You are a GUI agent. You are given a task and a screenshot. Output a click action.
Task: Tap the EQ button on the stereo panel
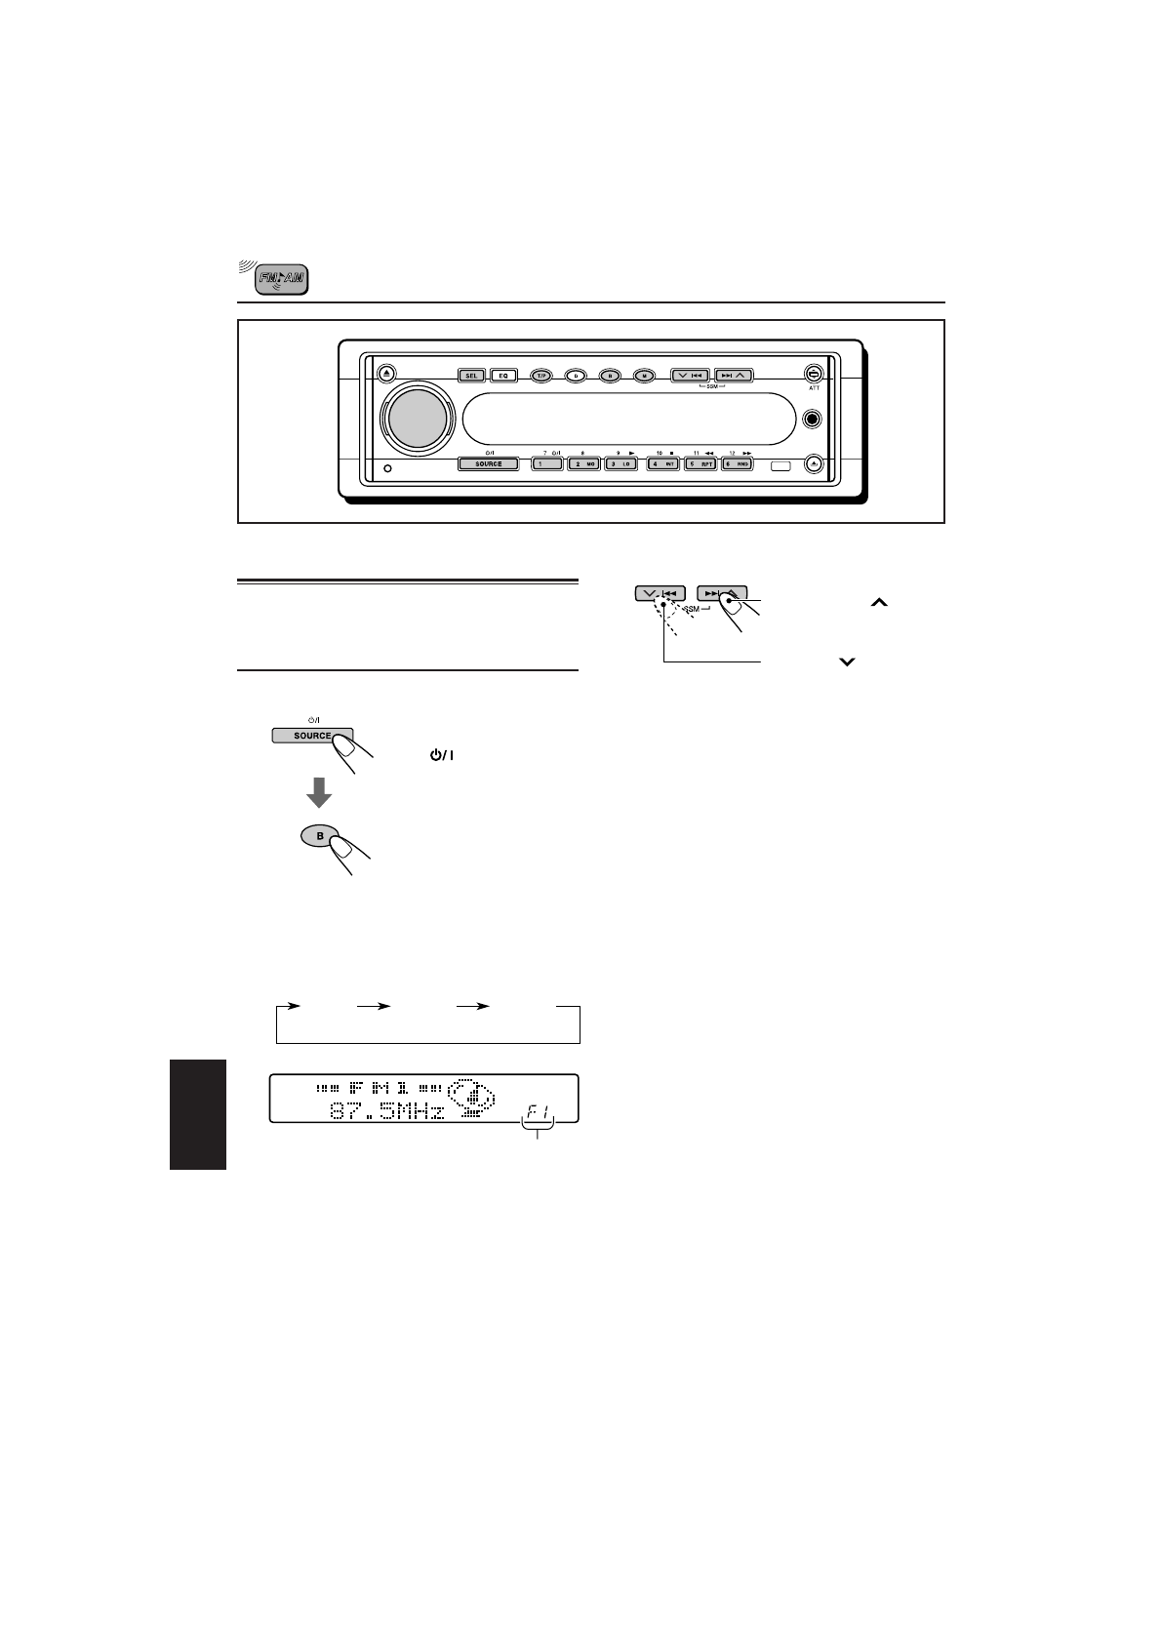504,375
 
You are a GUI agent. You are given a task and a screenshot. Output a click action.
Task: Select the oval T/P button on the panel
541,375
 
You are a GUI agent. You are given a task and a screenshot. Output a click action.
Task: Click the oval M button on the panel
643,375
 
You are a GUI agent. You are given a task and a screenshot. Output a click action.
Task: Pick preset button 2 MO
584,464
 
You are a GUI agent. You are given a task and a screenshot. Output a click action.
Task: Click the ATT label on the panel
814,388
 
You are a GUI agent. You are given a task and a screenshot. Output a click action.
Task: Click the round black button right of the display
812,419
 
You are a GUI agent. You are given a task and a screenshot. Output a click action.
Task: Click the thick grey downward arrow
318,792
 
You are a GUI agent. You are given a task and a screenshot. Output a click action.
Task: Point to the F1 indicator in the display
539,1109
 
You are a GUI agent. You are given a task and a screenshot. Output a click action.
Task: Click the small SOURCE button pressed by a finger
311,736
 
